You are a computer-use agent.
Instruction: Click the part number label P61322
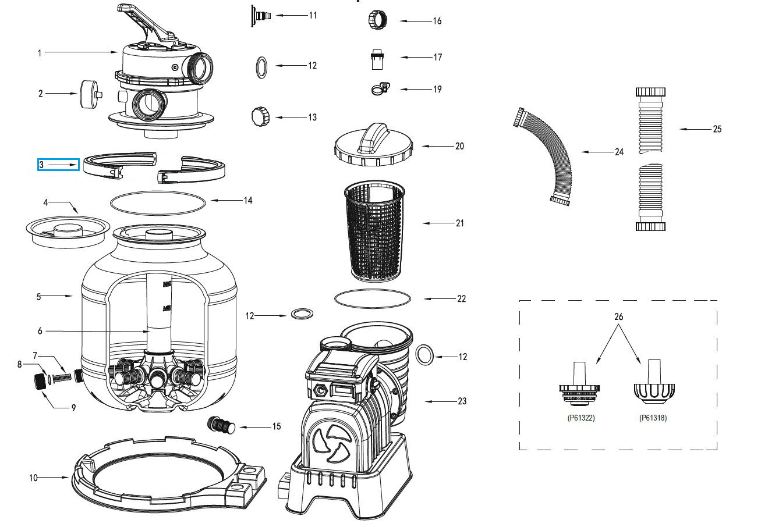[581, 418]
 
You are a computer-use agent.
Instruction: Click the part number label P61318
[653, 418]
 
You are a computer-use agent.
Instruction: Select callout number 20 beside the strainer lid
[459, 146]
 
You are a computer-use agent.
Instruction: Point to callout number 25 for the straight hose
[717, 129]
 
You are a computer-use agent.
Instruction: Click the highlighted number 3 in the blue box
[42, 165]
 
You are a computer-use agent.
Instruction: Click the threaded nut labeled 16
[374, 20]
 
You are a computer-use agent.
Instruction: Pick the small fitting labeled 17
[376, 58]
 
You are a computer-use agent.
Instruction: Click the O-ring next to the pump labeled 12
[426, 354]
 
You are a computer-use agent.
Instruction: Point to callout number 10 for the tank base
[33, 478]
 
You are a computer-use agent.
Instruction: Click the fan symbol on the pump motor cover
[331, 441]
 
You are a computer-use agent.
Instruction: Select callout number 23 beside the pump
[462, 401]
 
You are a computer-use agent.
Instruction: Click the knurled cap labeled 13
[259, 116]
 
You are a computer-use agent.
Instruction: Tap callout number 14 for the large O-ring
[248, 200]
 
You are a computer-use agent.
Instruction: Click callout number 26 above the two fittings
[618, 317]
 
